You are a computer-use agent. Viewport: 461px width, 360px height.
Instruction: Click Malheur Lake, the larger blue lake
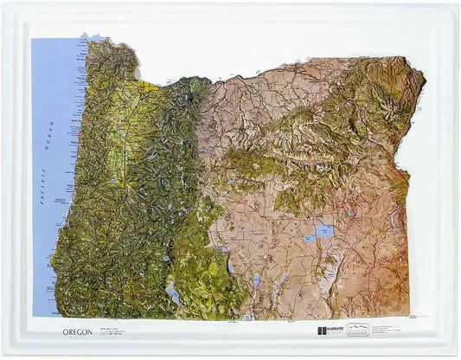tap(324, 230)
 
